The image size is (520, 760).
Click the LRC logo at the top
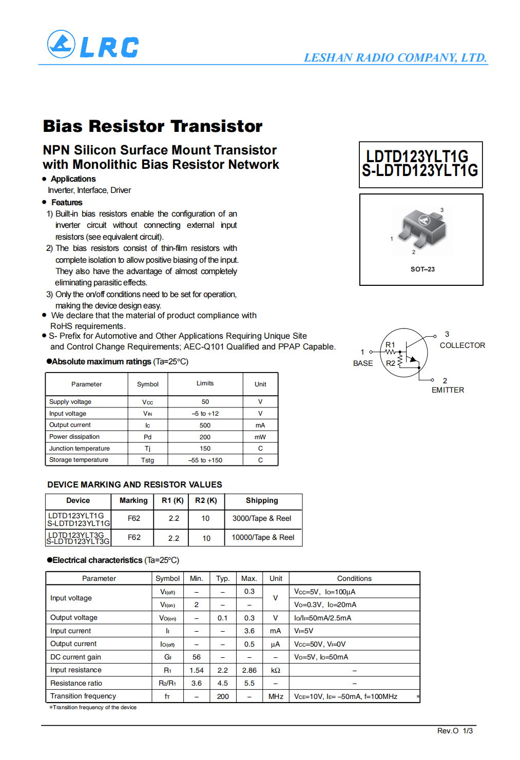(93, 45)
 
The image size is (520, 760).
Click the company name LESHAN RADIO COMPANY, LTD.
(395, 57)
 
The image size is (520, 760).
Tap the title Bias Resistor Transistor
(152, 126)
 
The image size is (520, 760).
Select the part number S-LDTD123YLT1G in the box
(420, 171)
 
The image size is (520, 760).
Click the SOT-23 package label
(422, 269)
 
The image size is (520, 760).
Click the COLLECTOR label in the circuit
(462, 345)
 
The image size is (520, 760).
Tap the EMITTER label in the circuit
(448, 390)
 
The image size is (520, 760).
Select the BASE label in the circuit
(363, 363)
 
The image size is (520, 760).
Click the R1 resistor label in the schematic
(390, 345)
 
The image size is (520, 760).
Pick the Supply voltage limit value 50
(205, 402)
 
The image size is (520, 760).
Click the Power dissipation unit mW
(260, 437)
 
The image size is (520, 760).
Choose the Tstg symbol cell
(147, 460)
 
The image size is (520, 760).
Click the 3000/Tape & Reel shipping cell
(262, 518)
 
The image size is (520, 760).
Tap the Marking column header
(133, 500)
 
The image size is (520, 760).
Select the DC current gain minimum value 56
(197, 657)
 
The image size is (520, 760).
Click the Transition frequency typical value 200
(223, 696)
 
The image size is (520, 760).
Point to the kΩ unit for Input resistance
(276, 670)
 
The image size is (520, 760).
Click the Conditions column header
(354, 578)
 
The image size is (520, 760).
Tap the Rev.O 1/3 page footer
(455, 731)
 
